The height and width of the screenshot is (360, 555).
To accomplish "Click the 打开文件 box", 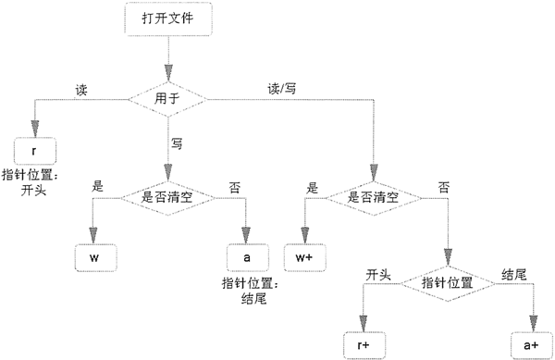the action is pyautogui.click(x=168, y=19).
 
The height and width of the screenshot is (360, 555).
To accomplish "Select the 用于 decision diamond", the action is pyautogui.click(x=167, y=99).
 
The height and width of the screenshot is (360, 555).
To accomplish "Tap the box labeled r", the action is pyautogui.click(x=35, y=151).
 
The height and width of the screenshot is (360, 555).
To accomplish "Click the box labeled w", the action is pyautogui.click(x=95, y=257).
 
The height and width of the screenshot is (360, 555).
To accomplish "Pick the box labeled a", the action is pyautogui.click(x=247, y=257).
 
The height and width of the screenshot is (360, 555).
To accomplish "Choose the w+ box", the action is pyautogui.click(x=304, y=257).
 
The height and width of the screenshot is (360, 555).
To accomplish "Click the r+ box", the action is pyautogui.click(x=364, y=345).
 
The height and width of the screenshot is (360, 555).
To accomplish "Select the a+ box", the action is pyautogui.click(x=532, y=345).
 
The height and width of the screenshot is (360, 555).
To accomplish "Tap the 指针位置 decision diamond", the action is pyautogui.click(x=448, y=283).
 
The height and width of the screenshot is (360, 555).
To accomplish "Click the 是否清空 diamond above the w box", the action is pyautogui.click(x=167, y=198).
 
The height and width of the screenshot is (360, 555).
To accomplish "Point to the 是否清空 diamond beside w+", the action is pyautogui.click(x=374, y=198).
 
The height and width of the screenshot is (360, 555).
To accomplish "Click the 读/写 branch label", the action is pyautogui.click(x=282, y=89).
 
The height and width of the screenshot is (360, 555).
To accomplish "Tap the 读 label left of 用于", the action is pyautogui.click(x=81, y=90).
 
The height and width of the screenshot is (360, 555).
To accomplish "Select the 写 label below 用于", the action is pyautogui.click(x=178, y=143).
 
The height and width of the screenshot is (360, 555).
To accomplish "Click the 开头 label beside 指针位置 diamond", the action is pyautogui.click(x=378, y=275).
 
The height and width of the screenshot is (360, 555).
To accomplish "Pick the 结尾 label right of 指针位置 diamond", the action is pyautogui.click(x=514, y=275).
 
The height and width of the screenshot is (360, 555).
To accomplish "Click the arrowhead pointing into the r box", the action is pyautogui.click(x=35, y=129).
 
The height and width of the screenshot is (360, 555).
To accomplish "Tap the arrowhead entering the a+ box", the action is pyautogui.click(x=533, y=323).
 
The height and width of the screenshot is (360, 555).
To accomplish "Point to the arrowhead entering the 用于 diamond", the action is pyautogui.click(x=168, y=73).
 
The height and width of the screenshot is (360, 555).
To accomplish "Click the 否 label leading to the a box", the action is pyautogui.click(x=234, y=188).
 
